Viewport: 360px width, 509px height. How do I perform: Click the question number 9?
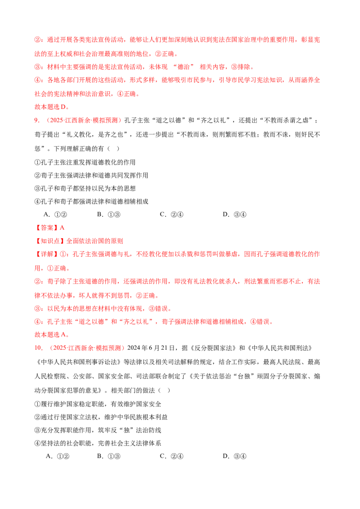pyautogui.click(x=37, y=121)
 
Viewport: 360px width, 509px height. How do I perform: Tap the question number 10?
pyautogui.click(x=39, y=348)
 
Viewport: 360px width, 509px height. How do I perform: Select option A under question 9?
pyautogui.click(x=55, y=214)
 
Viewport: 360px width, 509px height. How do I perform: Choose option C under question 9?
pyautogui.click(x=171, y=214)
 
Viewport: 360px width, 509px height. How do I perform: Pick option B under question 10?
pyautogui.click(x=108, y=456)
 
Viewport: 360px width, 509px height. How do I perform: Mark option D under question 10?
pyautogui.click(x=234, y=456)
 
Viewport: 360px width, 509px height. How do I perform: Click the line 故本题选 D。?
pyautogui.click(x=52, y=107)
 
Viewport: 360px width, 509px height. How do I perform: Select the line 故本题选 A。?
pyautogui.click(x=52, y=335)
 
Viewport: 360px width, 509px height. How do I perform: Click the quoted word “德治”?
pyautogui.click(x=184, y=67)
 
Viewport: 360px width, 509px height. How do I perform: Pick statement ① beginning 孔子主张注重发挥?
pyautogui.click(x=85, y=162)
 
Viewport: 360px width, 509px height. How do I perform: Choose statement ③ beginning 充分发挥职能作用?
pyautogui.click(x=98, y=430)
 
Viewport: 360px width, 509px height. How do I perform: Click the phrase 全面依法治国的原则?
pyautogui.click(x=94, y=241)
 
